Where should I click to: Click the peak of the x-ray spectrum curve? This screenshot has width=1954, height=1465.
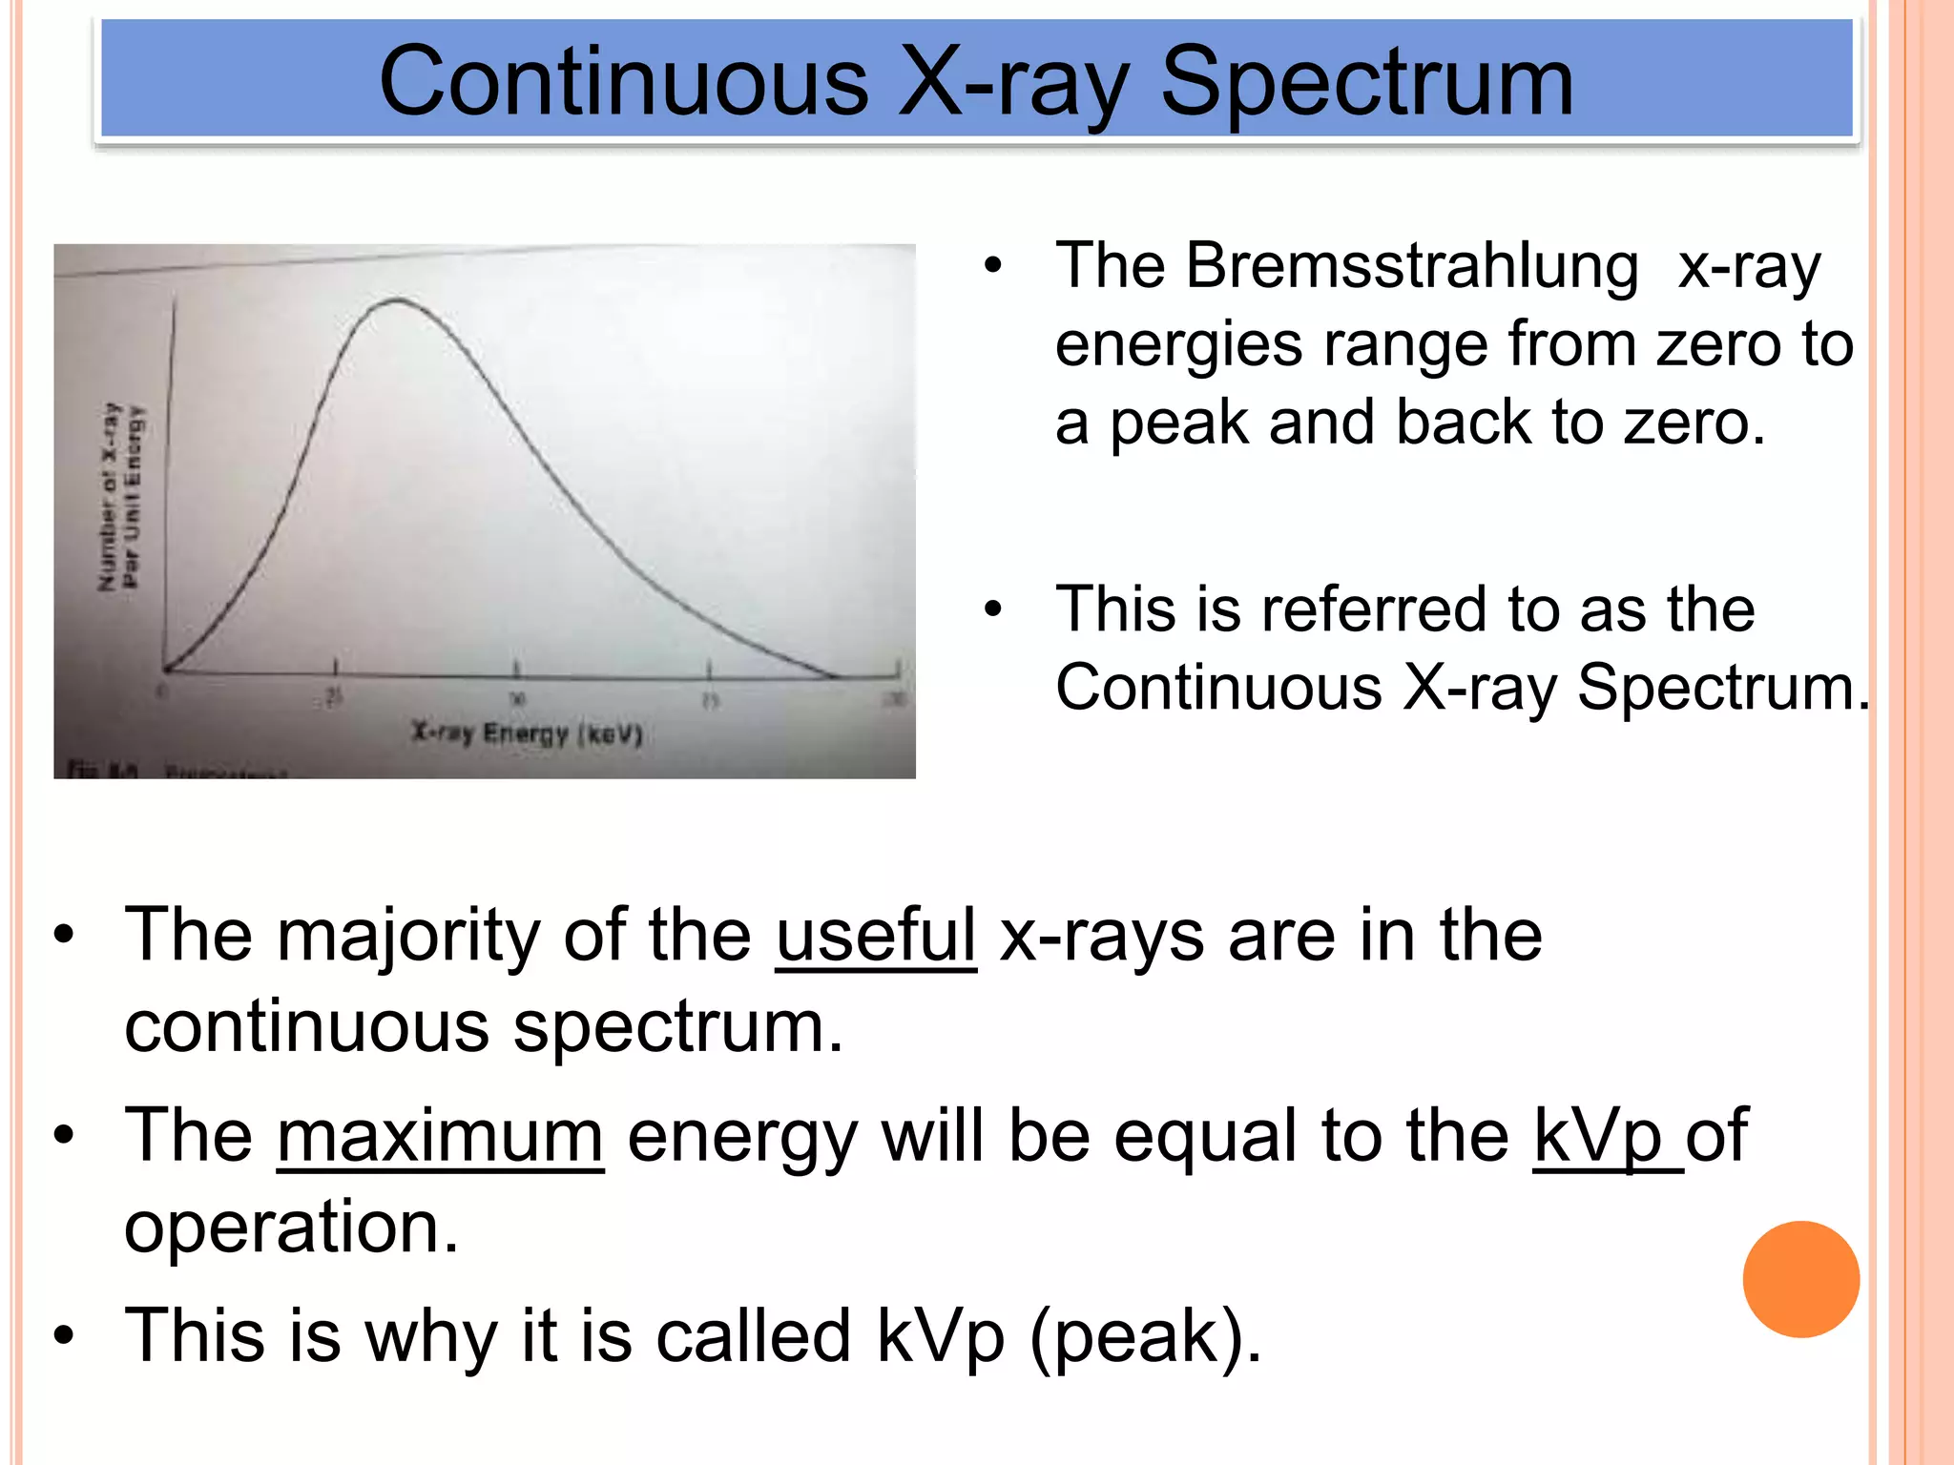tap(397, 301)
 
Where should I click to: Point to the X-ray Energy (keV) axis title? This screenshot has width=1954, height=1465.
tap(527, 733)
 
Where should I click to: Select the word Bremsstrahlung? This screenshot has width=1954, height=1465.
tap(1412, 266)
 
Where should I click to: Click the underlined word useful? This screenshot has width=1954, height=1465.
tap(876, 936)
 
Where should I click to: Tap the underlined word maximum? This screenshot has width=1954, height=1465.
tap(440, 1136)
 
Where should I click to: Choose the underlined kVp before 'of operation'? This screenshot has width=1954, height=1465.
tap(1598, 1136)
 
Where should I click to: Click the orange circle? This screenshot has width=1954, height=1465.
tap(1800, 1279)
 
